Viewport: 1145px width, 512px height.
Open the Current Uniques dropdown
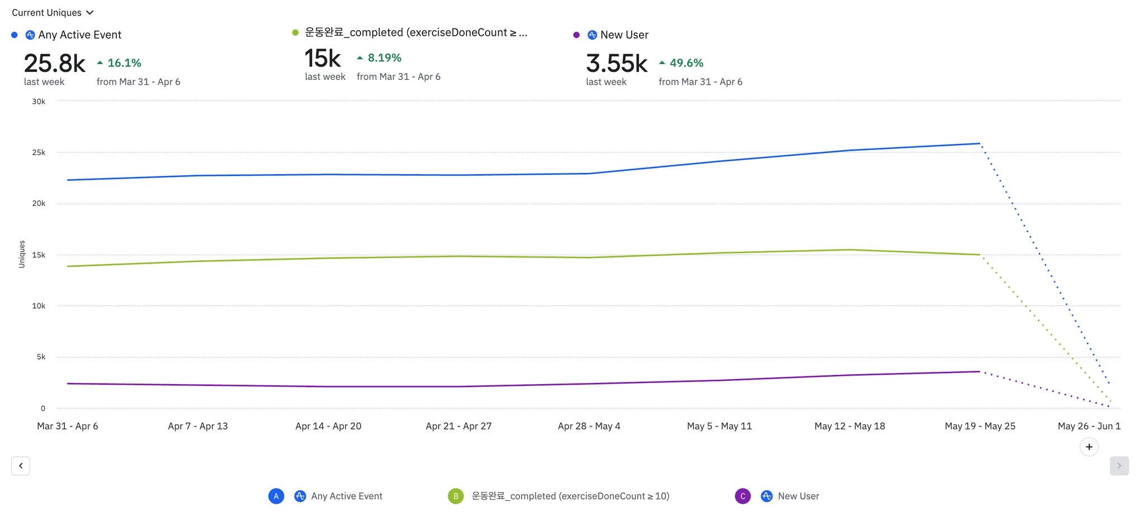click(x=53, y=12)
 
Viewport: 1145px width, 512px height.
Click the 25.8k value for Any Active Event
click(x=54, y=64)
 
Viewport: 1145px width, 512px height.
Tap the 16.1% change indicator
click(x=119, y=63)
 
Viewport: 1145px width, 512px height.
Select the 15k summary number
click(x=323, y=59)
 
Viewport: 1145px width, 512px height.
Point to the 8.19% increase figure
click(x=380, y=58)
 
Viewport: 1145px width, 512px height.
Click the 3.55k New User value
click(x=617, y=64)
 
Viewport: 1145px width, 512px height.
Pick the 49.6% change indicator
click(x=682, y=63)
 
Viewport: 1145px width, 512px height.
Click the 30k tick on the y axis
click(x=39, y=102)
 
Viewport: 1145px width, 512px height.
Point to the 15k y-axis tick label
click(x=39, y=255)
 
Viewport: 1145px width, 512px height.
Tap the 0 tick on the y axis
click(x=42, y=408)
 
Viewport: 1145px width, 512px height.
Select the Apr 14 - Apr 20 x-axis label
click(x=328, y=426)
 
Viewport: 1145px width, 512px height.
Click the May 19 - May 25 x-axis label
click(x=980, y=426)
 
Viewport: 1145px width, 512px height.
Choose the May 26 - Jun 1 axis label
click(x=1089, y=426)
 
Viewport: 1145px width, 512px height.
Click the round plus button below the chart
click(x=1089, y=447)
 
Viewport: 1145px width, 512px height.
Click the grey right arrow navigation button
click(x=1119, y=466)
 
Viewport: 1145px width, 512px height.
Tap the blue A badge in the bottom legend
click(x=276, y=496)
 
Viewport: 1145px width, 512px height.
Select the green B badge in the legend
click(x=456, y=496)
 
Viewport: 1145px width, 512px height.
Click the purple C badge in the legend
click(x=742, y=496)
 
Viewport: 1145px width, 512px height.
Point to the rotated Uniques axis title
click(x=22, y=254)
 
